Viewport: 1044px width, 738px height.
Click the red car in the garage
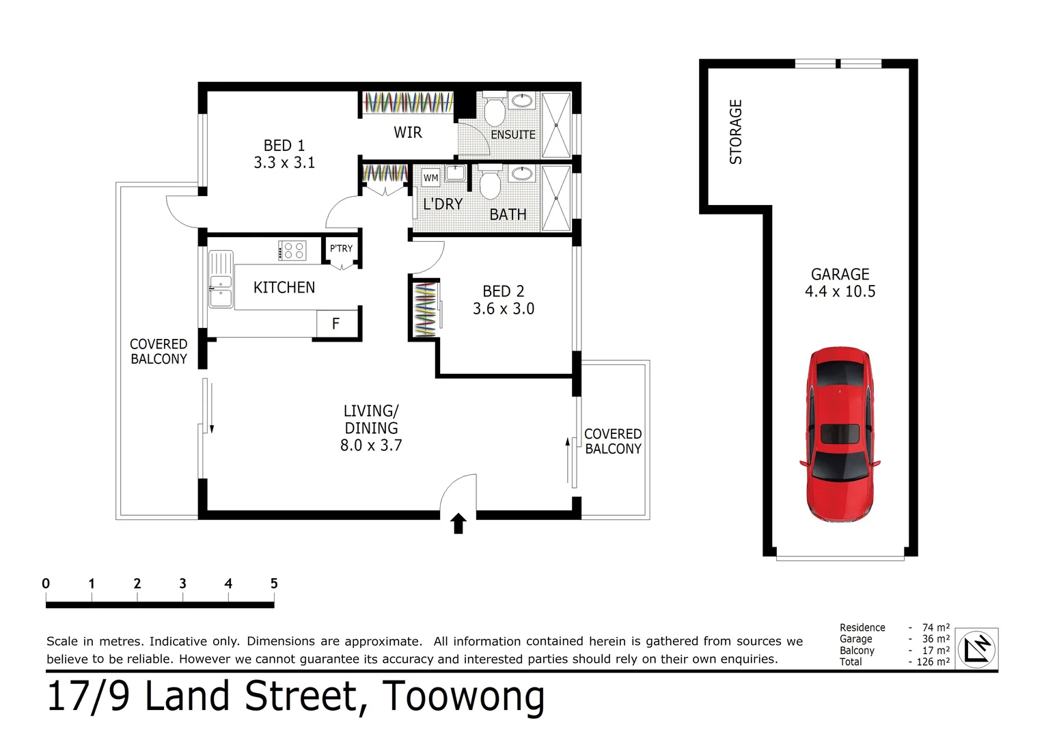click(839, 435)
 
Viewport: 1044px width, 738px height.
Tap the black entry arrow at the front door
click(458, 523)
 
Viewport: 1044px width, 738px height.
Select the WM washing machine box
click(430, 178)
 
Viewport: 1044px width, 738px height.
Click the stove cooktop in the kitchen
click(292, 251)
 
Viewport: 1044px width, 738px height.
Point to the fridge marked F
click(336, 324)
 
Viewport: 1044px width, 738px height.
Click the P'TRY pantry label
click(341, 249)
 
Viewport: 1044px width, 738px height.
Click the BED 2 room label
click(504, 292)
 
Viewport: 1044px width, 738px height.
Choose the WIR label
click(408, 133)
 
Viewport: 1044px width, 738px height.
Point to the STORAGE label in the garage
click(736, 132)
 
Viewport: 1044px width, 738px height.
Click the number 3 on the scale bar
click(182, 584)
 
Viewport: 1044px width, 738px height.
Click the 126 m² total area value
click(933, 661)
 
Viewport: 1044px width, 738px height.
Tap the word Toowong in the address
click(463, 697)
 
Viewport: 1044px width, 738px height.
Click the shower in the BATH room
click(556, 198)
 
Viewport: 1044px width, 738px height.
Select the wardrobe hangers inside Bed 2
click(425, 309)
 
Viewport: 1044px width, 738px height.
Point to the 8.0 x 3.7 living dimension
click(371, 446)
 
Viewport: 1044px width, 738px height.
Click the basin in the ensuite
click(523, 101)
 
